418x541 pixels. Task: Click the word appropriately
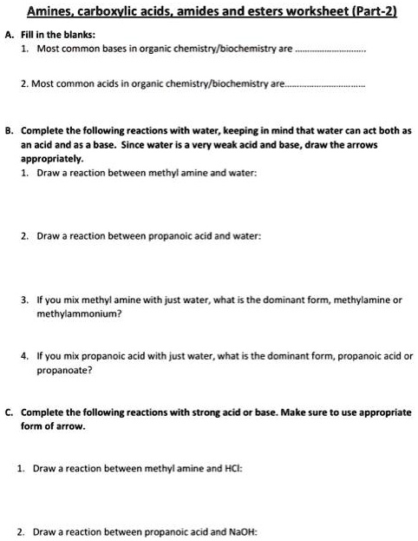pos(51,160)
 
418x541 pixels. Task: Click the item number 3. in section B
pos(26,300)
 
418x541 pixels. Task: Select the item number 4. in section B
pos(26,355)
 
